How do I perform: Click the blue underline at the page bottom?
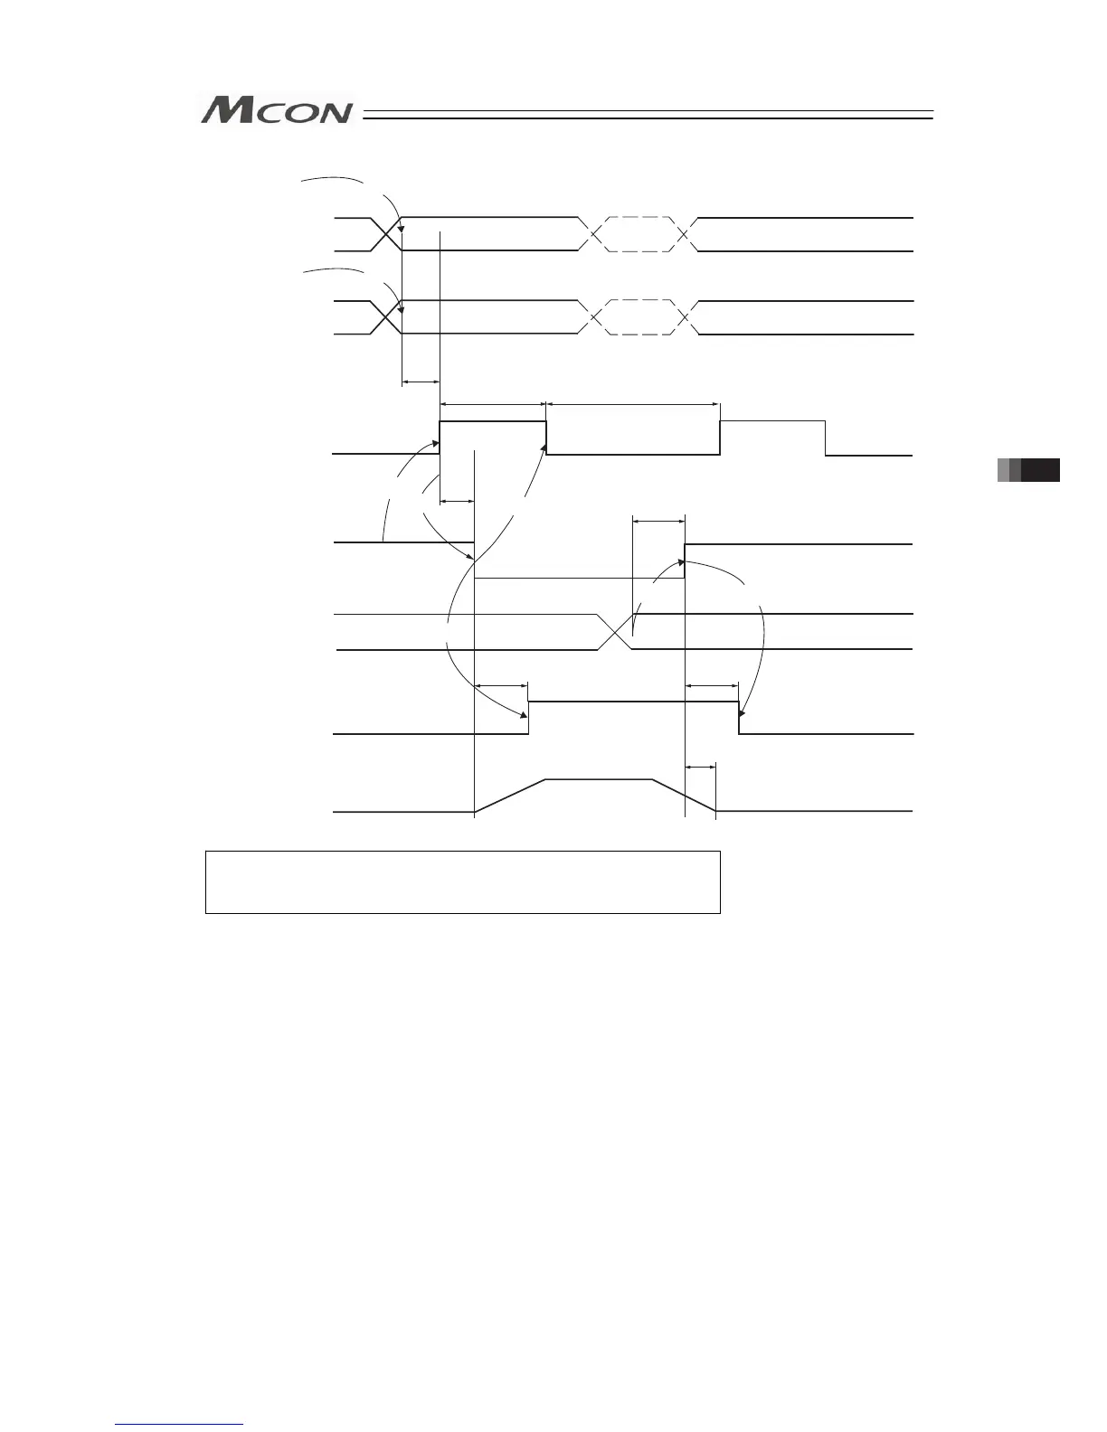click(180, 1425)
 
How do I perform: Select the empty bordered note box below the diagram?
click(462, 881)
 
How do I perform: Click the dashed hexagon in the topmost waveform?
click(639, 234)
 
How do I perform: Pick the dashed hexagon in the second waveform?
click(639, 317)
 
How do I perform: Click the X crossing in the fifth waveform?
click(614, 632)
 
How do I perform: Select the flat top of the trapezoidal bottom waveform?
click(598, 778)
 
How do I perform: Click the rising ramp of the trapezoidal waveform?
click(509, 796)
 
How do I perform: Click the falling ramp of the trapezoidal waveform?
click(684, 796)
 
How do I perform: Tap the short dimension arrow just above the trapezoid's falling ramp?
click(701, 767)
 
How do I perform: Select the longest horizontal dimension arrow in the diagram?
click(633, 404)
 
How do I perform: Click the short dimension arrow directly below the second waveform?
click(421, 382)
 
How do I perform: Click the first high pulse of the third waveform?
click(493, 422)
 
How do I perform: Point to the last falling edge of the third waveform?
click(826, 438)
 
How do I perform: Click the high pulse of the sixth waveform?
click(633, 702)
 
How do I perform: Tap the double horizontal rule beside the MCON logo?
click(648, 115)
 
